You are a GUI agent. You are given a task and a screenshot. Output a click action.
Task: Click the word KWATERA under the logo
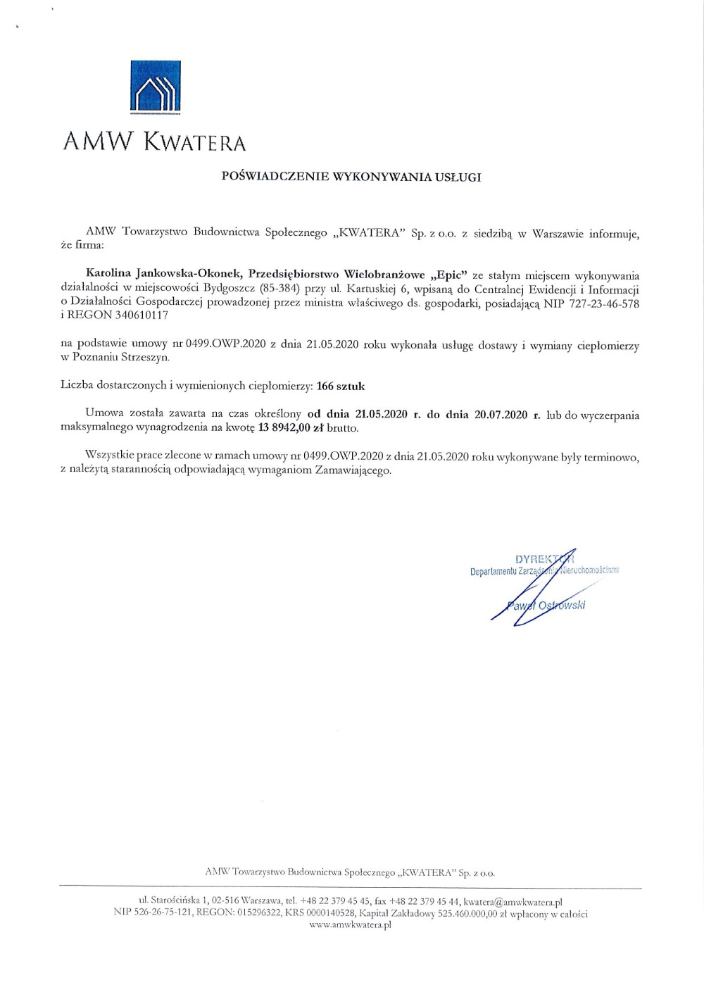pos(195,142)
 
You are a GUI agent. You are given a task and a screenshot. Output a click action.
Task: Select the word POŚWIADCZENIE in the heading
pos(265,177)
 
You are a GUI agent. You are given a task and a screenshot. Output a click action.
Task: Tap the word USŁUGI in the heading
pos(458,177)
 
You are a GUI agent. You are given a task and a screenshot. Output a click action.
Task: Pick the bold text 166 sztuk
pos(341,386)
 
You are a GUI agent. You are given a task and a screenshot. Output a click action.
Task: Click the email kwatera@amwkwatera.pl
pos(513,901)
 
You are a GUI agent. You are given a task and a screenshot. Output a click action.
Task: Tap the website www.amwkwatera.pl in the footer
pos(350,925)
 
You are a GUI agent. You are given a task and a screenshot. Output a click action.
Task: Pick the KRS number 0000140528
pos(330,914)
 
